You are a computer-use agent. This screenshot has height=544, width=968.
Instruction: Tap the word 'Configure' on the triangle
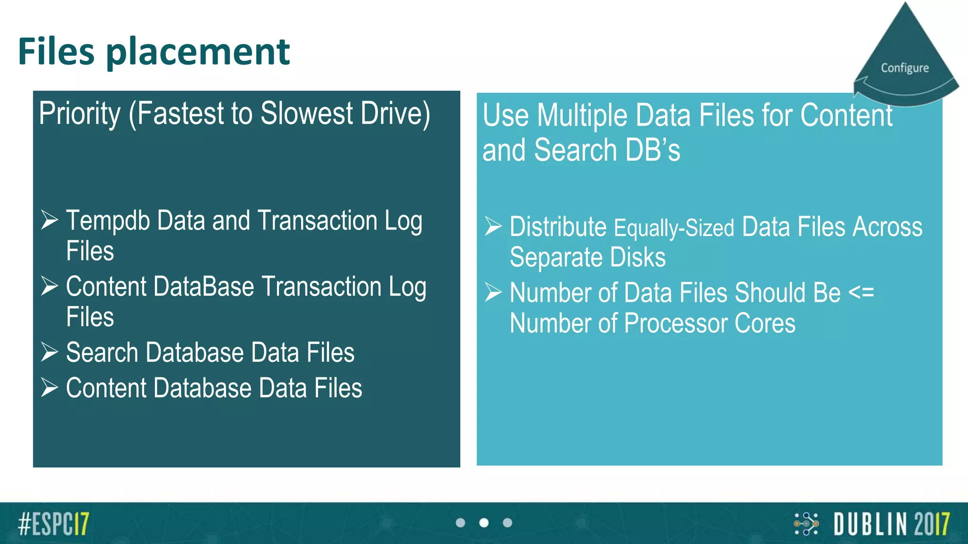click(x=905, y=68)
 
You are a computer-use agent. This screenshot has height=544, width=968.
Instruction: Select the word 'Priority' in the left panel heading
click(x=80, y=114)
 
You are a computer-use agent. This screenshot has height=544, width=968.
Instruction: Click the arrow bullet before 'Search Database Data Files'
click(x=49, y=352)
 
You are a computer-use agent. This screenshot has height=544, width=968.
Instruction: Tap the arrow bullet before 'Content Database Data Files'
click(x=49, y=388)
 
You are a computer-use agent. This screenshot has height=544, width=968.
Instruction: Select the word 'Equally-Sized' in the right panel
click(x=674, y=228)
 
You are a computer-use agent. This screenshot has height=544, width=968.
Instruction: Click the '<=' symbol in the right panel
click(x=861, y=293)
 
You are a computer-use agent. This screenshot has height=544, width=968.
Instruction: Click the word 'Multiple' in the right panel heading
click(x=582, y=116)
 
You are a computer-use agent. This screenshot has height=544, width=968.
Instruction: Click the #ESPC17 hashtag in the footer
click(x=53, y=524)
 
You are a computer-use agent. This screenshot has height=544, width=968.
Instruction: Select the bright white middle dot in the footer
click(x=484, y=523)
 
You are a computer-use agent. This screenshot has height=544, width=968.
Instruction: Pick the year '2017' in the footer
click(x=932, y=524)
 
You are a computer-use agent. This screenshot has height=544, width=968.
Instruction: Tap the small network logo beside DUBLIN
click(x=806, y=524)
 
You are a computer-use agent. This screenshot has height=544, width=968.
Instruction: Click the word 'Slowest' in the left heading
click(x=306, y=114)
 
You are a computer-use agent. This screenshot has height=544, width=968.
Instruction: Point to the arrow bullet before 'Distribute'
click(x=493, y=226)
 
